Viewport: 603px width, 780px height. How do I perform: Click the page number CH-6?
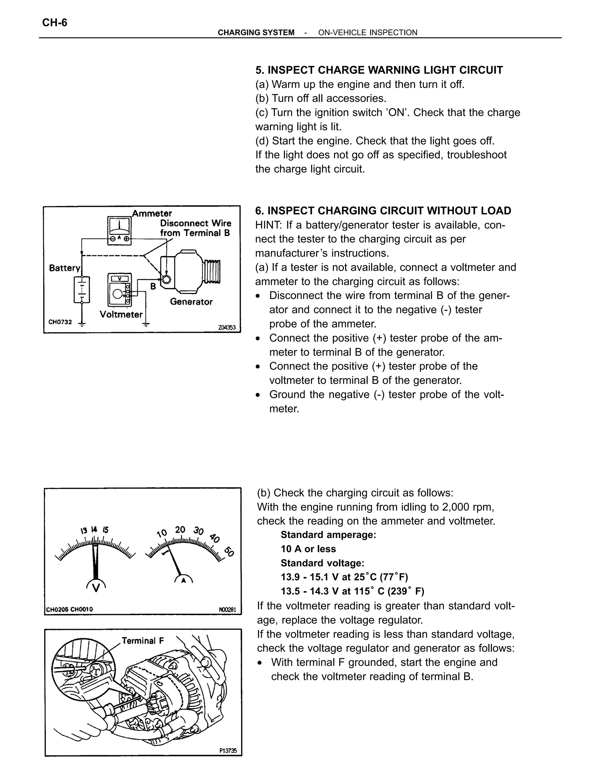(x=55, y=23)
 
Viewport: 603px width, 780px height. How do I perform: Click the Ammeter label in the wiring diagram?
(x=152, y=214)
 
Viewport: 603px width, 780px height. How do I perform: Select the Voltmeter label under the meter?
(x=121, y=314)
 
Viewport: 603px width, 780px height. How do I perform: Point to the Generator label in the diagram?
(x=191, y=302)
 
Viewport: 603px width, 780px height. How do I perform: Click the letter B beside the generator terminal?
(x=153, y=286)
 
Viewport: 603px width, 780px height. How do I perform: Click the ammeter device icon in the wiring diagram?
(x=119, y=231)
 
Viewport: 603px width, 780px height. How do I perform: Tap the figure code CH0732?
(x=60, y=322)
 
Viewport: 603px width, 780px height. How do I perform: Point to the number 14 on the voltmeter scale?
(x=94, y=529)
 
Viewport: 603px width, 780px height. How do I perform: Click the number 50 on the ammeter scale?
(x=229, y=552)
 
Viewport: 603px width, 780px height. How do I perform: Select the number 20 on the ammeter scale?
(x=180, y=530)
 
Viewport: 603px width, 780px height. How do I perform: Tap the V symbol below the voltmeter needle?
(x=96, y=587)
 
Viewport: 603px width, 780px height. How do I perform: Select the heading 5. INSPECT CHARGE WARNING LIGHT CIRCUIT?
(x=379, y=70)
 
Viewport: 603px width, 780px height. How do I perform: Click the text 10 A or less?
(x=308, y=549)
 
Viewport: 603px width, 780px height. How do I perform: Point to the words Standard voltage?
(x=322, y=563)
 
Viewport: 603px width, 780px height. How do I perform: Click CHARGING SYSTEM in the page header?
(x=256, y=32)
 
